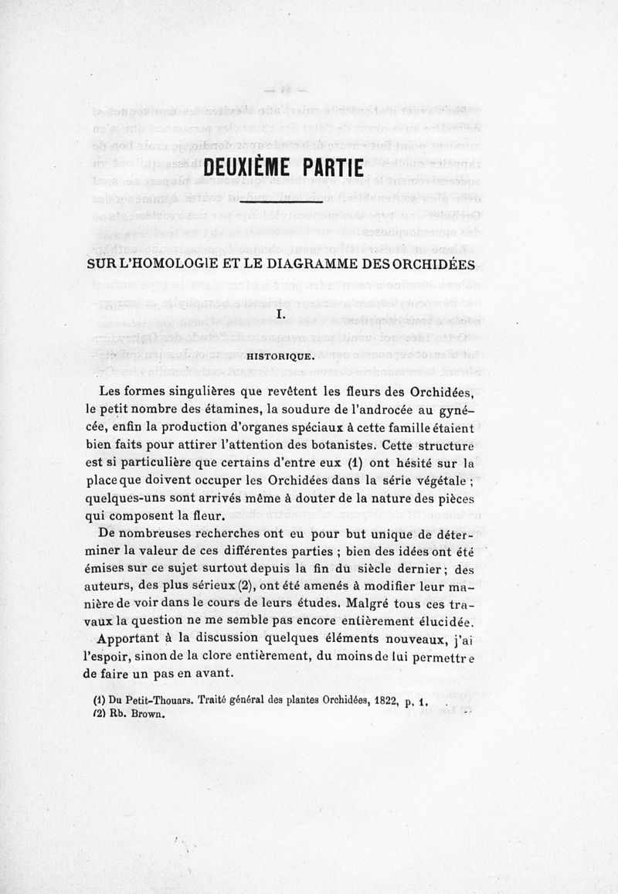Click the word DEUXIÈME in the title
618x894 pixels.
click(x=246, y=167)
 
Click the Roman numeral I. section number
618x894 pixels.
click(x=280, y=314)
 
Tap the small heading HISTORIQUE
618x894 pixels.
click(x=280, y=356)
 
